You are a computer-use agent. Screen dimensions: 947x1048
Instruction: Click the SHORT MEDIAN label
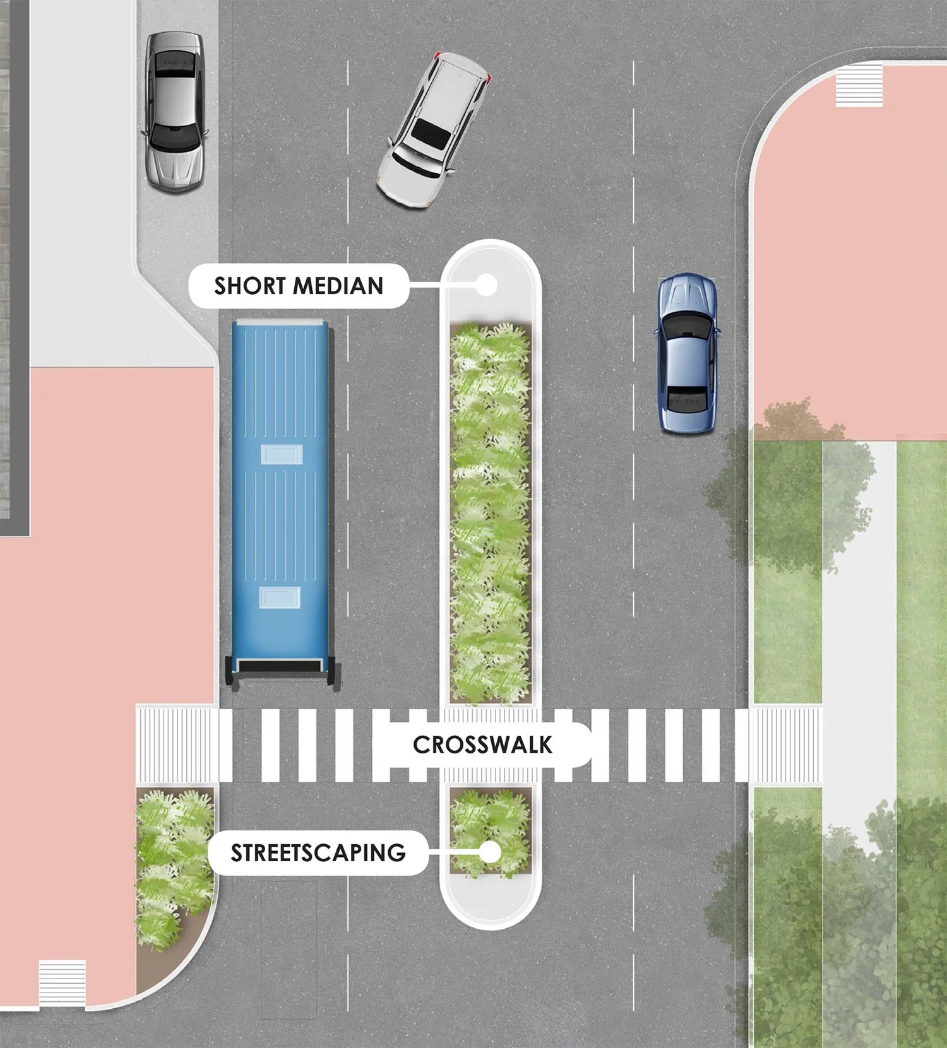coord(299,286)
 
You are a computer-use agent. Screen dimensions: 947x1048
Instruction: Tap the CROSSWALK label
coord(482,745)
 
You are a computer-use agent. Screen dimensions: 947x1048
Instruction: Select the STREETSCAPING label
coord(318,852)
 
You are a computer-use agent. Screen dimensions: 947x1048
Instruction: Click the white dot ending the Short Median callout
coord(486,285)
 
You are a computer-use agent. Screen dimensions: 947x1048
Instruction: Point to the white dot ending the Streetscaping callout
coord(490,852)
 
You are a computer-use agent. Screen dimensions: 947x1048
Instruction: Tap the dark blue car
coord(687,353)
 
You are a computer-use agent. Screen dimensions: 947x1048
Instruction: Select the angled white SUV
coord(433,131)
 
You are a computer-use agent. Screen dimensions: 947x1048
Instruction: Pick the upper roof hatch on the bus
coord(281,454)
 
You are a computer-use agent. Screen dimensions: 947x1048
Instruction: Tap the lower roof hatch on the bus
coord(280,597)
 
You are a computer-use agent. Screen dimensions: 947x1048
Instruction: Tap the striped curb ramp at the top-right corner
coord(859,85)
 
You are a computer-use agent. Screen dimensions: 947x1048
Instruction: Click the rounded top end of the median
coord(491,259)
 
